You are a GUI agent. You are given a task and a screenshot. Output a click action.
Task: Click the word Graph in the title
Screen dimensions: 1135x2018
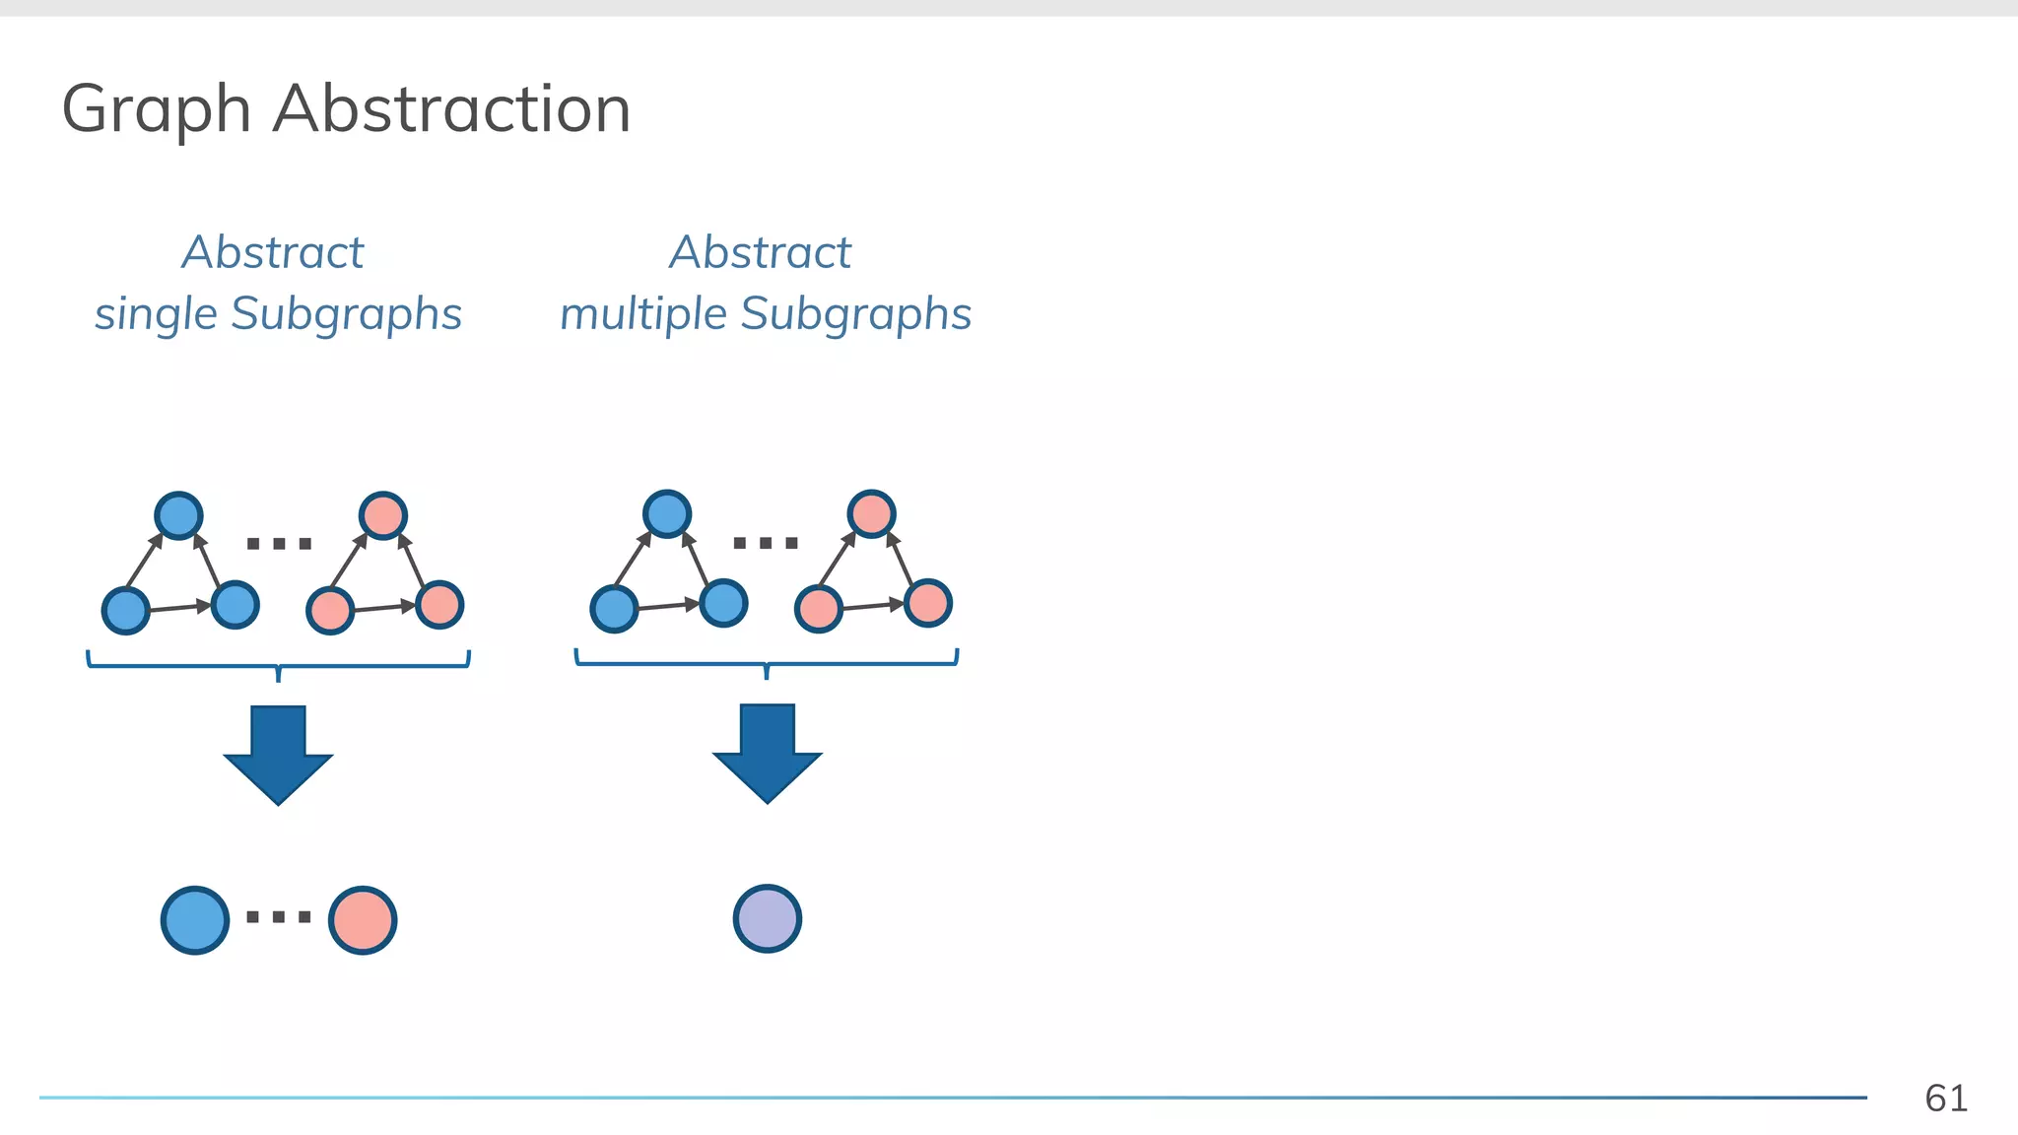pos(156,109)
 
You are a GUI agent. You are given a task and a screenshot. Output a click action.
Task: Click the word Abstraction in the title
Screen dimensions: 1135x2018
pos(451,108)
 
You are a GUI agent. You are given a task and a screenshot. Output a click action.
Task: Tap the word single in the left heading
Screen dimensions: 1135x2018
pos(156,314)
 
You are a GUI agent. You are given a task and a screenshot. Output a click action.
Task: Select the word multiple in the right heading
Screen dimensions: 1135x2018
pos(643,314)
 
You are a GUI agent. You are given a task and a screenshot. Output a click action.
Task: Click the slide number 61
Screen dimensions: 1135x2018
pos(1946,1098)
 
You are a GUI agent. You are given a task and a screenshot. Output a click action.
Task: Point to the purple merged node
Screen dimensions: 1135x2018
pos(768,918)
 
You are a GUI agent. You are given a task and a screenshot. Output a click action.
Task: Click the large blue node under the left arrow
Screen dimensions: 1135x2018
pos(195,920)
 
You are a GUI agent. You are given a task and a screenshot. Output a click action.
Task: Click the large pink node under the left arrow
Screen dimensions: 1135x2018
pos(363,920)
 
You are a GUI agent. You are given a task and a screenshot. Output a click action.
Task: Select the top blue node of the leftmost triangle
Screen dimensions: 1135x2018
pos(179,515)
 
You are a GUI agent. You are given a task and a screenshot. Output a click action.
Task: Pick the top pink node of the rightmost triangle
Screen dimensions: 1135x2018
pos(871,513)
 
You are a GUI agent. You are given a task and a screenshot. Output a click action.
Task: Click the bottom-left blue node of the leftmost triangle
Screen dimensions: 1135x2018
pos(126,611)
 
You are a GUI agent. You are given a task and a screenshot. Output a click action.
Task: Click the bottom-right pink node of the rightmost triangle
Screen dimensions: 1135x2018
pos(928,603)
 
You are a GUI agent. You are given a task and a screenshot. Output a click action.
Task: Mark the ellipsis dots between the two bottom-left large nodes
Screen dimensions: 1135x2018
pos(279,917)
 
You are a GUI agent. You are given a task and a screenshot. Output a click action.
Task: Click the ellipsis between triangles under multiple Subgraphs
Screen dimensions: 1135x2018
pos(767,543)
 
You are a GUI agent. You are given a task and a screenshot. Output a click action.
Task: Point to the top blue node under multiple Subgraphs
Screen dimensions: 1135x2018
pos(667,513)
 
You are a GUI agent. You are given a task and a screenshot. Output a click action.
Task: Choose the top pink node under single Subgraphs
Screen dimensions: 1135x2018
pos(383,515)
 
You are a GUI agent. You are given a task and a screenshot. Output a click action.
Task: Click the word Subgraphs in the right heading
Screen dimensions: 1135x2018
pos(855,314)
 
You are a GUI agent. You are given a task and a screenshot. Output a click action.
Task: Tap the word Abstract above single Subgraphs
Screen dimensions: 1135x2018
pos(273,252)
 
